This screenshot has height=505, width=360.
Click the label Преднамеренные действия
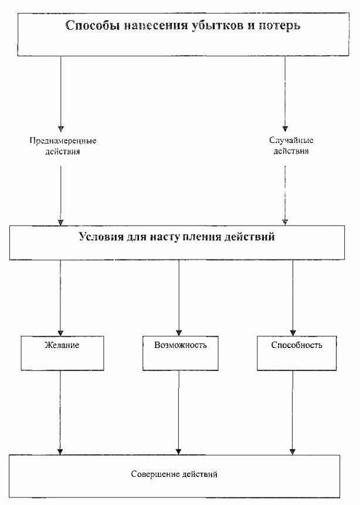tap(63, 146)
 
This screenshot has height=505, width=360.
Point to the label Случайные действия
tap(286, 146)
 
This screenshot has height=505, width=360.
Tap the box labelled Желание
tap(62, 353)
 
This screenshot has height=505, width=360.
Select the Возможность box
tap(181, 353)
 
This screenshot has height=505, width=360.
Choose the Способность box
tap(297, 353)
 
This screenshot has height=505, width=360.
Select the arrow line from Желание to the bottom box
tap(60, 410)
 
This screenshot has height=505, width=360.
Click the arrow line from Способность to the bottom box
tap(292, 410)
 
